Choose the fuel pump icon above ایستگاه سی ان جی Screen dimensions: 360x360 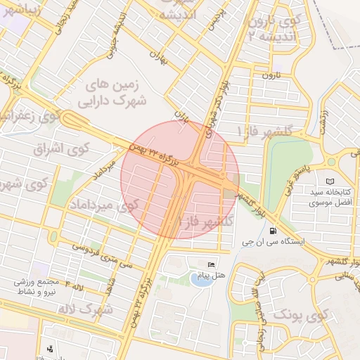(x=272, y=230)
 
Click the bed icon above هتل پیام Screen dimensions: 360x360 (x=210, y=264)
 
